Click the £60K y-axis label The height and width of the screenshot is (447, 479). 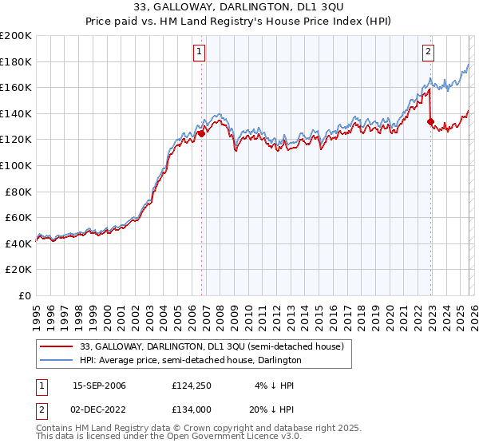pyautogui.click(x=18, y=217)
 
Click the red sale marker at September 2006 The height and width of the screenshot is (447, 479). pyautogui.click(x=201, y=134)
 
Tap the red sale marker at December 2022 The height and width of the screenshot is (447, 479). pyautogui.click(x=431, y=122)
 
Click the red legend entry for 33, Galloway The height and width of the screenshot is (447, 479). pyautogui.click(x=212, y=346)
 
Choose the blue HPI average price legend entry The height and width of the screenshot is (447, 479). pyautogui.click(x=190, y=361)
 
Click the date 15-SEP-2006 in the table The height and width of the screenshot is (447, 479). pyautogui.click(x=99, y=386)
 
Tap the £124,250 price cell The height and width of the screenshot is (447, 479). pyautogui.click(x=190, y=386)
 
